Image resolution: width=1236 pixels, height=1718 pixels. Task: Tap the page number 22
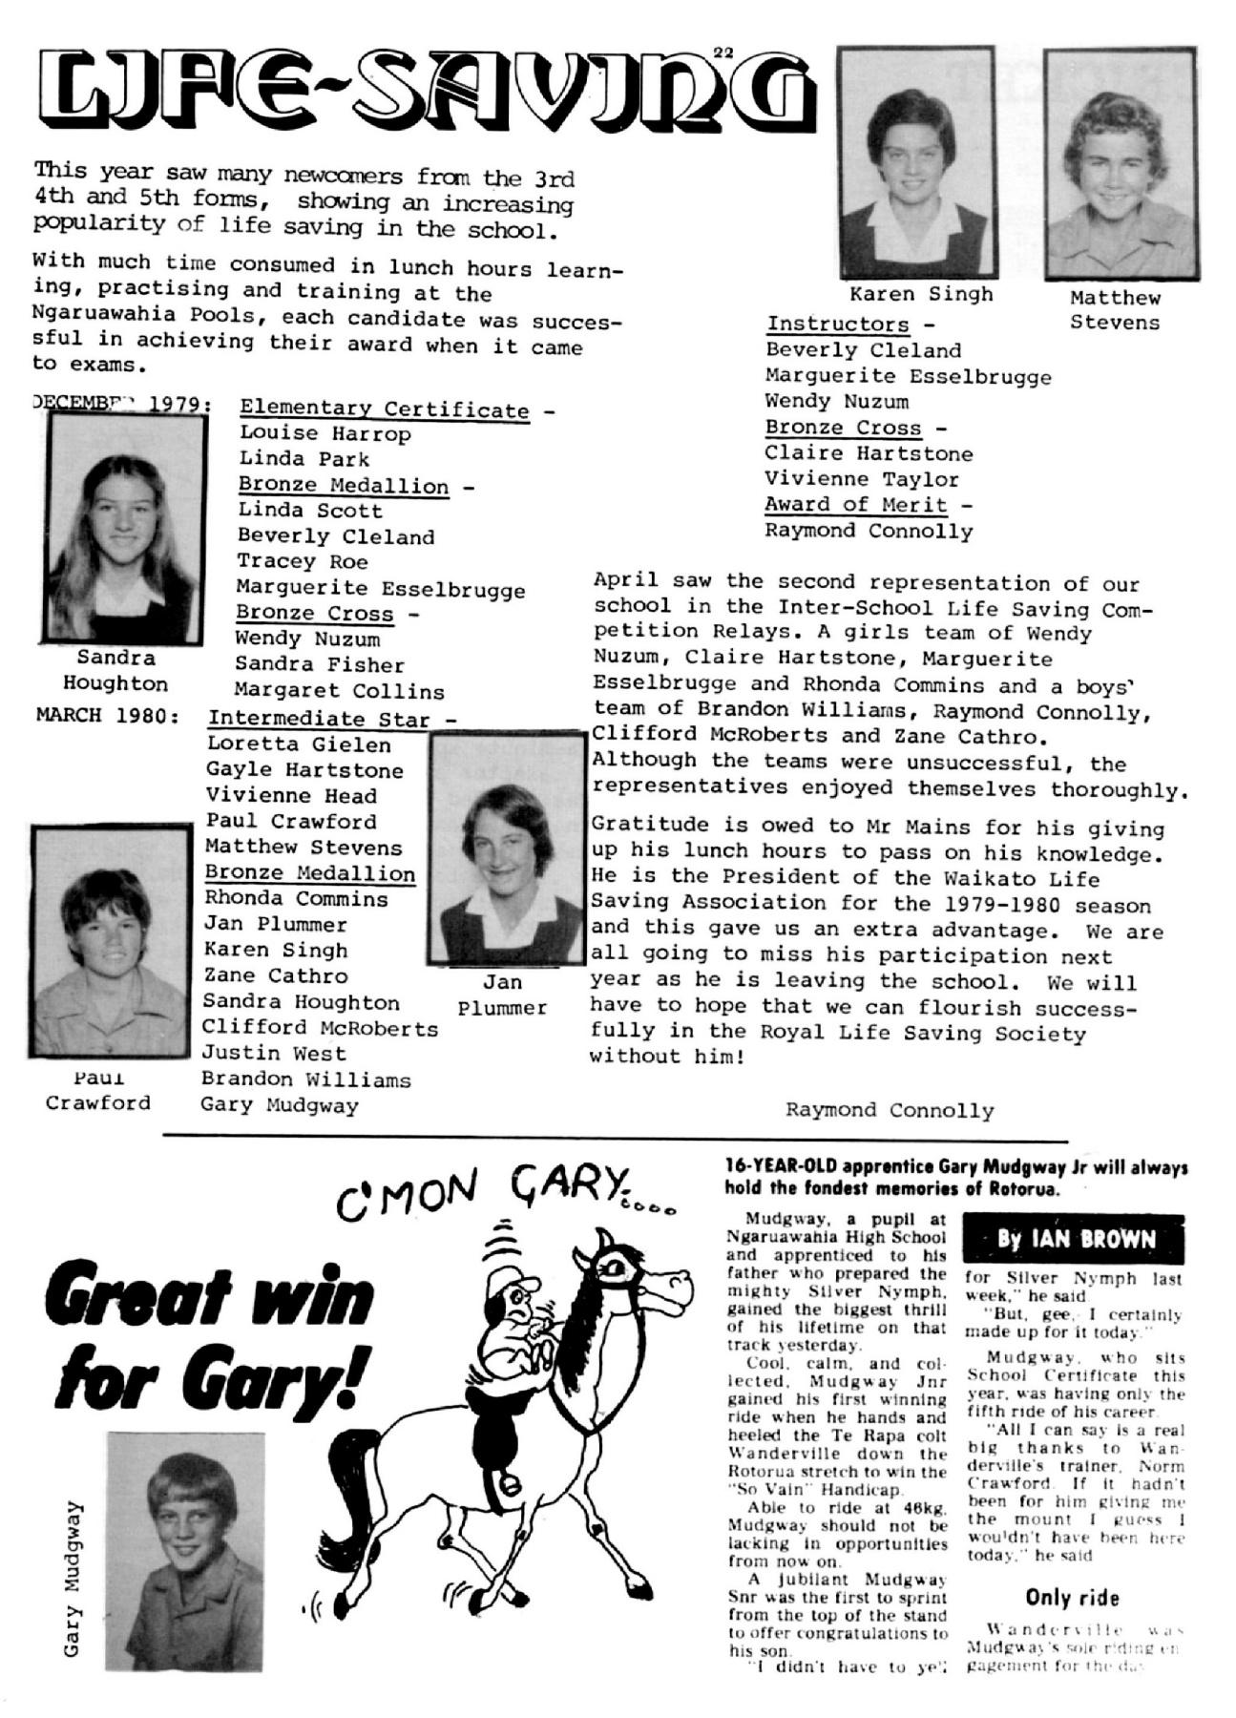723,53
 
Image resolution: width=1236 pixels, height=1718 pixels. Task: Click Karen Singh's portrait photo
917,164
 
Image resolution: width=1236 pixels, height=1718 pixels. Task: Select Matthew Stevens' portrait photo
1118,164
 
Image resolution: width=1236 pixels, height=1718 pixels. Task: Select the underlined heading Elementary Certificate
384,409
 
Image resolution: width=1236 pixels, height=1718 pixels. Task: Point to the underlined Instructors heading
838,324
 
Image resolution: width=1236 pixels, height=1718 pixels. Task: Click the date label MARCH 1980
107,716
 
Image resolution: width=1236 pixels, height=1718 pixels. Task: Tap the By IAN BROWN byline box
1074,1240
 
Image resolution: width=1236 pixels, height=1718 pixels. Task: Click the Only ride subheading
1072,1598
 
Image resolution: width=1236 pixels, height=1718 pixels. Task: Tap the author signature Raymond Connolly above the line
890,1110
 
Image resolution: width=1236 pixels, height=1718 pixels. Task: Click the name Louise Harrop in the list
325,433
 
